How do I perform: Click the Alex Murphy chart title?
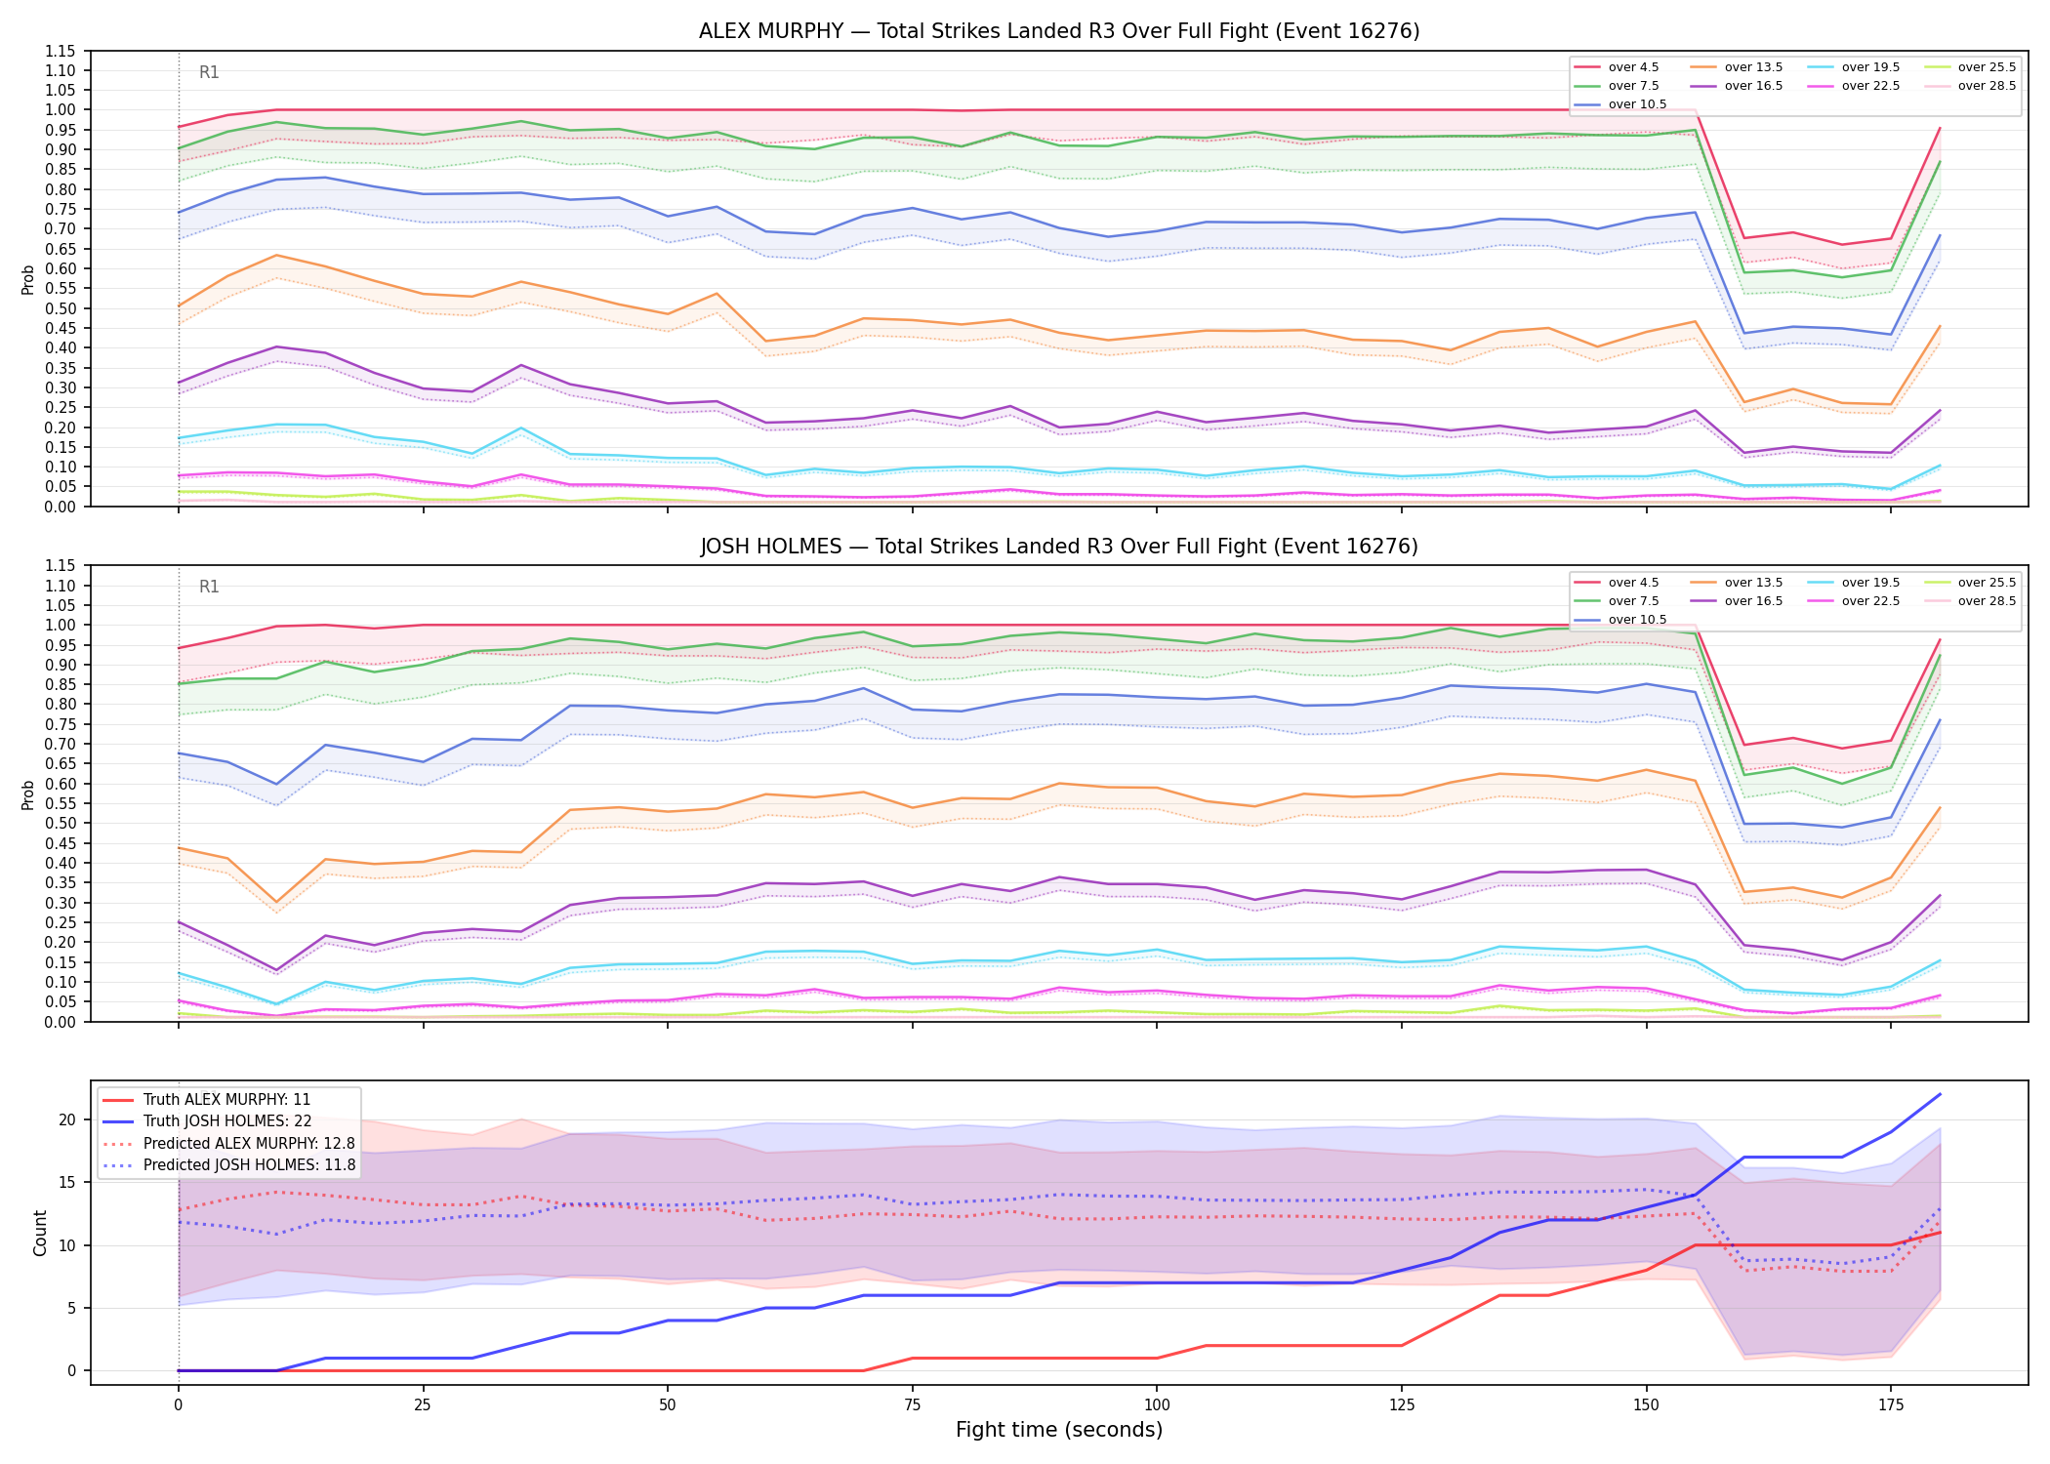[x=1059, y=31]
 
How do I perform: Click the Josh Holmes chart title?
[x=1059, y=547]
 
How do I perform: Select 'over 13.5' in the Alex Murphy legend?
[x=1753, y=67]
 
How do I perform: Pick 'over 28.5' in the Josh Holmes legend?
[x=1987, y=601]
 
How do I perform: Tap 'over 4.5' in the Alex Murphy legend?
[x=1633, y=67]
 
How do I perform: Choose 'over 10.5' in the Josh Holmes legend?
[x=1637, y=620]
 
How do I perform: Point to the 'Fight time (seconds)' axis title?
[x=1059, y=1430]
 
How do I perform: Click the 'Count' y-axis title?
[x=40, y=1233]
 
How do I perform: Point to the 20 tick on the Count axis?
[x=67, y=1119]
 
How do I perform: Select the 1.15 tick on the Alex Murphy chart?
[x=61, y=51]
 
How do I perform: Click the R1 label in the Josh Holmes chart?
[x=209, y=587]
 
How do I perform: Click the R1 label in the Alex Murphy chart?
[x=209, y=72]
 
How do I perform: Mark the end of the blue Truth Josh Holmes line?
[x=1940, y=1094]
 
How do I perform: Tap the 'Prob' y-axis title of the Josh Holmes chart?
[x=28, y=794]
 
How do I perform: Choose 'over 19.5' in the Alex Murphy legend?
[x=1870, y=67]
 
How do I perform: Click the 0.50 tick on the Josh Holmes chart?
[x=61, y=823]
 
